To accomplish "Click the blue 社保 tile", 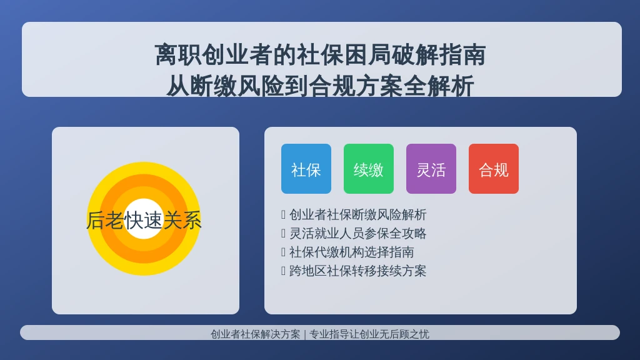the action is point(306,169).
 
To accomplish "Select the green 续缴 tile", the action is point(369,169).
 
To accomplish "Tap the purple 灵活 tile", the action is point(431,169).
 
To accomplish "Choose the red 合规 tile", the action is point(494,169).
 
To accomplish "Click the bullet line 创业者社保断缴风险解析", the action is point(358,215).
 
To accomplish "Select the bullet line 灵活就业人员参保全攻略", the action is point(358,234).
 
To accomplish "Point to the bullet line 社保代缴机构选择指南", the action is point(351,252).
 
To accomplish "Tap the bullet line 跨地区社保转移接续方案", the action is point(358,271).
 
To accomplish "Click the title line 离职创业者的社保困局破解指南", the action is point(321,55).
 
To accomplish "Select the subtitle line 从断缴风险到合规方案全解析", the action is point(321,86).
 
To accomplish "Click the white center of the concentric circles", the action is point(144,219).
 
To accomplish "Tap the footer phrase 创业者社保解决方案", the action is point(256,334).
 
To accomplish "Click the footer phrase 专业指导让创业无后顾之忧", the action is point(369,334).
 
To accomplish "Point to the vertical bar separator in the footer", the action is point(305,335).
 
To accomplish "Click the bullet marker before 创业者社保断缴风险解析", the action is point(283,215).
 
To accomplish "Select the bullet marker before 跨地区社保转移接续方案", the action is point(283,271).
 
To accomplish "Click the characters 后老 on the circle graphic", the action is point(105,221).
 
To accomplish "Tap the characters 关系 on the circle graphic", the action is point(182,221).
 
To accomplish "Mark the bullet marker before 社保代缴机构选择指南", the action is point(283,252).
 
